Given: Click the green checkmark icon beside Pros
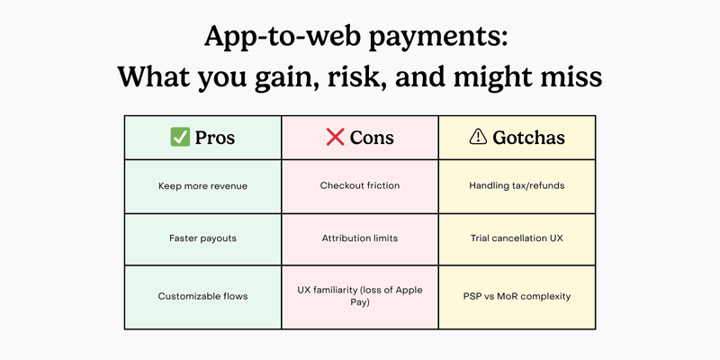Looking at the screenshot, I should pos(179,138).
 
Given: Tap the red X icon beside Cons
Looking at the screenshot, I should pos(335,138).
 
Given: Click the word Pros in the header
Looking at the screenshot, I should pos(216,138).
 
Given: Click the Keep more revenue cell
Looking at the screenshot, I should pos(202,186).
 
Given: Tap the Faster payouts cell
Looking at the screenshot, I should pos(202,240).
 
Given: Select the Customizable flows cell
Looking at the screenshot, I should pos(202,296).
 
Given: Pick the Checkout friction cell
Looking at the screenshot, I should pos(360,186).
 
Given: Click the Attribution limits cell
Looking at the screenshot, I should pos(360,240).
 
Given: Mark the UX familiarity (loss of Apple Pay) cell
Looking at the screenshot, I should pos(360,296).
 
